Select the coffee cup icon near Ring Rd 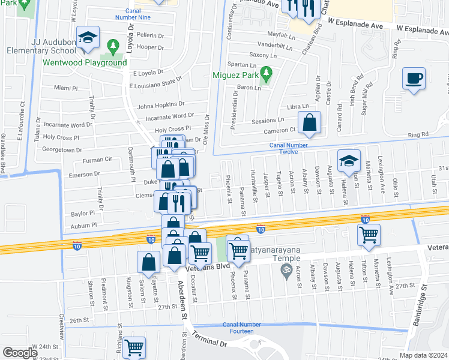414,79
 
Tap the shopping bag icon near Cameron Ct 309,122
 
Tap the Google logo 19,353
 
